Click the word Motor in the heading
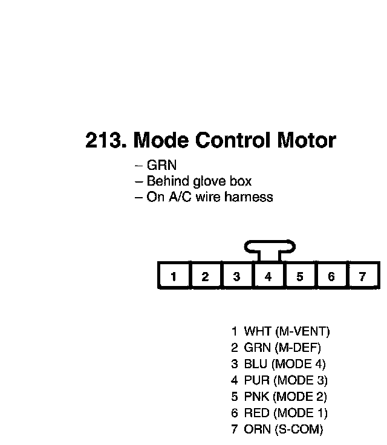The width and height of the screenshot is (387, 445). click(306, 140)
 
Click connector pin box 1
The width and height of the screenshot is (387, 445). click(174, 277)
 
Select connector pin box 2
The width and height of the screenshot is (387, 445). click(206, 277)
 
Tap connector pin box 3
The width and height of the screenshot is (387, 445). click(237, 277)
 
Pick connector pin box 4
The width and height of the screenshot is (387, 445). click(268, 277)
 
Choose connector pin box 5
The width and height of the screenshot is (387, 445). click(300, 277)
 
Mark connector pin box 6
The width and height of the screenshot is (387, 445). click(331, 277)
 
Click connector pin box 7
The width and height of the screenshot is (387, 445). click(363, 277)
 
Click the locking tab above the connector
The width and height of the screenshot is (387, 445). click(270, 248)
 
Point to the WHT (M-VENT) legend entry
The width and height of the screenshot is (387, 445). click(281, 331)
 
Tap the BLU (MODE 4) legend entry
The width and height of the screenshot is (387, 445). click(278, 364)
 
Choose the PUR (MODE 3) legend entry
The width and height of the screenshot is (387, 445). click(279, 380)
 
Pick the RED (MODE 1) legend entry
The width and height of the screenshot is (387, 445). click(279, 414)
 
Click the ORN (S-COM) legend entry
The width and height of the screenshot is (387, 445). click(277, 430)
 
